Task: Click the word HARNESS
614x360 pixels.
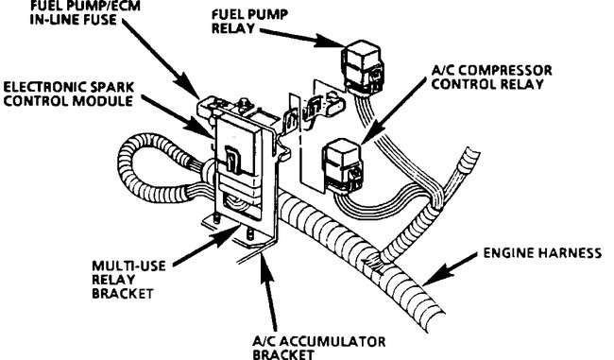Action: point(578,252)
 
